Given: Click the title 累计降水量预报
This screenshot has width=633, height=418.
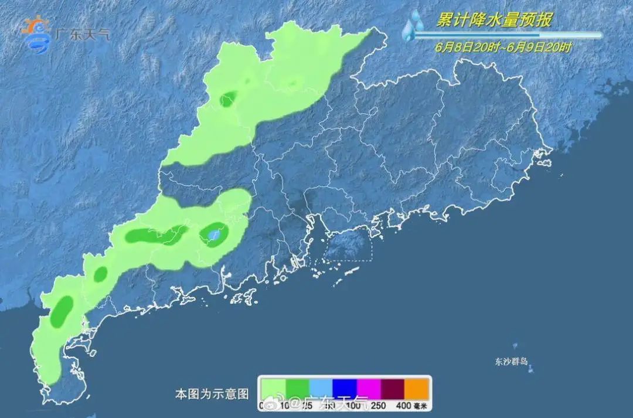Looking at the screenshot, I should pyautogui.click(x=494, y=21).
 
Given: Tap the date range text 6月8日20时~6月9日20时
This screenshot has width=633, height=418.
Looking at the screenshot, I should pyautogui.click(x=503, y=47).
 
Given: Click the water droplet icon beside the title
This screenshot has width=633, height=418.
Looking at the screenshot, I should pyautogui.click(x=414, y=25).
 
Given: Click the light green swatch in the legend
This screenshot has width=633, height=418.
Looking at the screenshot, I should pyautogui.click(x=273, y=388).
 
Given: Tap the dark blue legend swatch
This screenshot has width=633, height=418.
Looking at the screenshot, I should pyautogui.click(x=345, y=388).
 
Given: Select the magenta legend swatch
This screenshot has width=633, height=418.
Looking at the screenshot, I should pyautogui.click(x=369, y=388).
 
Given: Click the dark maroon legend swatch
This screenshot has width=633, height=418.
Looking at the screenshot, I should pyautogui.click(x=393, y=388).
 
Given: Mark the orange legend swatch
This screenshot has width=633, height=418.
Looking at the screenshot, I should pyautogui.click(x=417, y=388).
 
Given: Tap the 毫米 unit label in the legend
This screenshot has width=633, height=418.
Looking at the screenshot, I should pyautogui.click(x=421, y=405).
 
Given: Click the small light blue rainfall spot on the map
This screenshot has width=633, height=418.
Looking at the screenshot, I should pyautogui.click(x=215, y=235).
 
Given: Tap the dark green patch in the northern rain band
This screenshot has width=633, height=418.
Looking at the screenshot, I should pyautogui.click(x=227, y=100).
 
